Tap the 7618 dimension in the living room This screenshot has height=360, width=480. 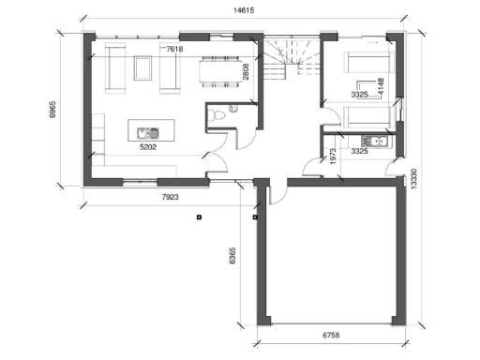pos(175,47)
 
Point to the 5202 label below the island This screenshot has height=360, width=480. pos(146,146)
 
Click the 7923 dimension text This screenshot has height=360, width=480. pos(170,198)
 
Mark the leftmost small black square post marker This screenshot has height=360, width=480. pos(199,217)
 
